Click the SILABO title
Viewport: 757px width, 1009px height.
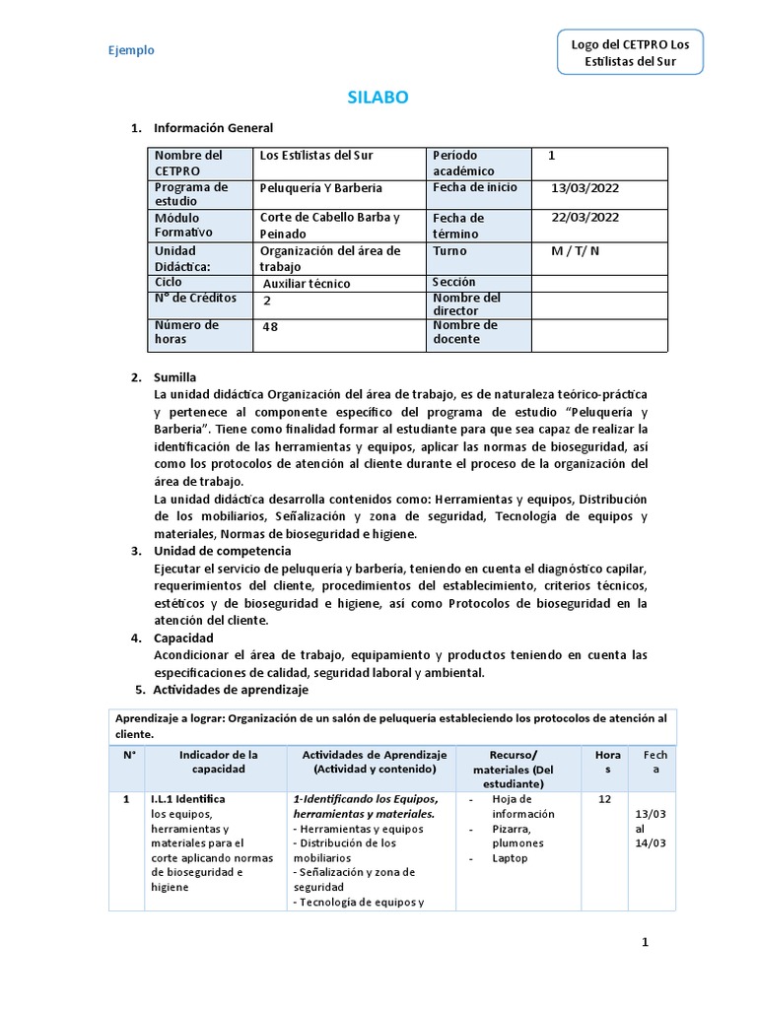pyautogui.click(x=378, y=98)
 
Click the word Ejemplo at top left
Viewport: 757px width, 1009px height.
pyautogui.click(x=131, y=51)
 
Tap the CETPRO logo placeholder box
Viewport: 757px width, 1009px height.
pyautogui.click(x=631, y=53)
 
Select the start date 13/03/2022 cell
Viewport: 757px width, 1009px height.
pyautogui.click(x=585, y=187)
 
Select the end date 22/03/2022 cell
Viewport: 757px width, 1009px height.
pyautogui.click(x=585, y=218)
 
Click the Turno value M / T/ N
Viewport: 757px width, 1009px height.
pyautogui.click(x=576, y=251)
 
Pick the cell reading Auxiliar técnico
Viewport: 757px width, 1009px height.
pyautogui.click(x=307, y=284)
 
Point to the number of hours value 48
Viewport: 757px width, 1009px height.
pyautogui.click(x=270, y=328)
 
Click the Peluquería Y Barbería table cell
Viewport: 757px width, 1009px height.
pyautogui.click(x=320, y=188)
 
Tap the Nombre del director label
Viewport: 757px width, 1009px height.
pyautogui.click(x=466, y=303)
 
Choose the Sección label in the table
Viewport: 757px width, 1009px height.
pyautogui.click(x=453, y=283)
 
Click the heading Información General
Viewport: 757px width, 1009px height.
pyautogui.click(x=213, y=128)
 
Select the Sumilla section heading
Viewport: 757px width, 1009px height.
pyautogui.click(x=174, y=377)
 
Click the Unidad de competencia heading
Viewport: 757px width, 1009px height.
pyautogui.click(x=222, y=551)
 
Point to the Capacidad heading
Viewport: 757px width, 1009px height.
pyautogui.click(x=183, y=639)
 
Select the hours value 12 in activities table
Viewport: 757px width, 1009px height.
pyautogui.click(x=605, y=799)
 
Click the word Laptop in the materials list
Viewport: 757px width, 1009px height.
pyautogui.click(x=511, y=858)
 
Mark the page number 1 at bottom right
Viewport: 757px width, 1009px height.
pyautogui.click(x=646, y=943)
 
